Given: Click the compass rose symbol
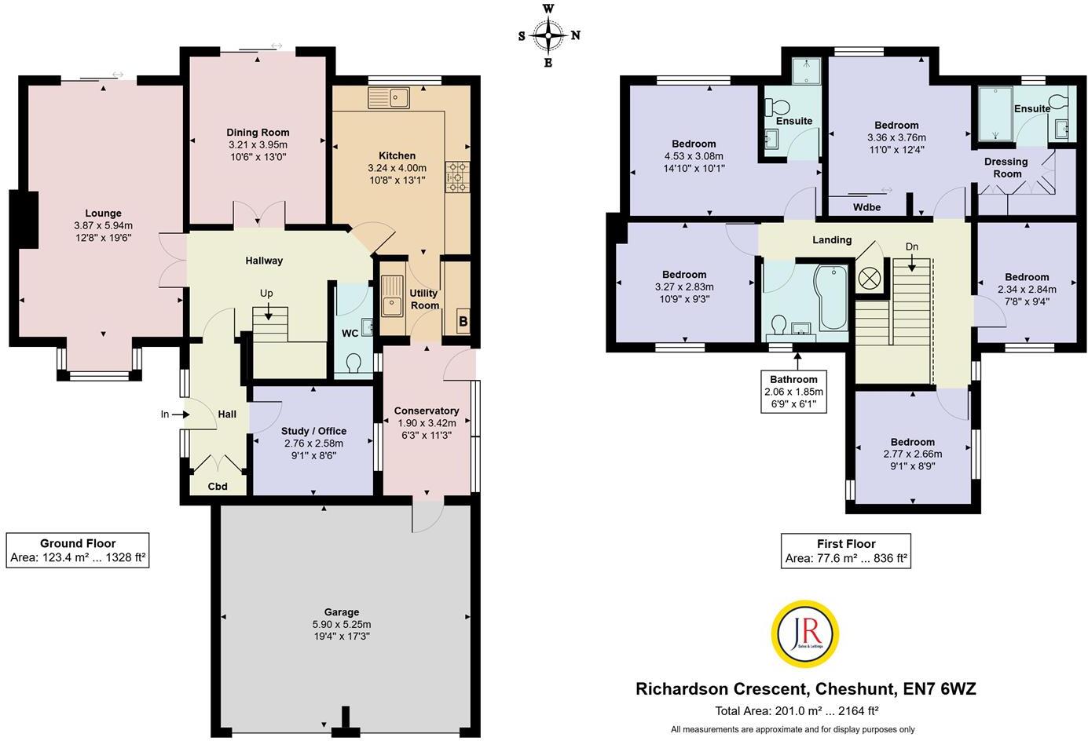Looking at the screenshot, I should coord(548,35).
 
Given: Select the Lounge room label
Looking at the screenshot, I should coord(103,213).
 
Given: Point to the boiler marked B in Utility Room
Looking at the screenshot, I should coord(463,321).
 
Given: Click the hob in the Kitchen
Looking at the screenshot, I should coord(456,177).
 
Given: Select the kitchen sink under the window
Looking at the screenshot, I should coord(390,98).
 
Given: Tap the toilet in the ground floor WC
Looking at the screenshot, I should coord(354,363).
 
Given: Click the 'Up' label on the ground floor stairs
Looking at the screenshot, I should coord(267,293).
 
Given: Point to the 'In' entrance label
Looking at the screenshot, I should coord(166,414).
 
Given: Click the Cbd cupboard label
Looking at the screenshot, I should coord(218,487).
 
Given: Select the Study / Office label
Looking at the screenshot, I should coord(313,431).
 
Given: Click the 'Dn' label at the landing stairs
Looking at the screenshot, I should coord(911,246).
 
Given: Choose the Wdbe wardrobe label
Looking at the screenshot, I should coord(866,207).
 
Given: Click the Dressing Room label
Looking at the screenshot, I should coord(1006,167).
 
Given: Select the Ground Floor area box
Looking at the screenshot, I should coord(78,550).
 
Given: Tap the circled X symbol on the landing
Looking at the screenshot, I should coord(870,277).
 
